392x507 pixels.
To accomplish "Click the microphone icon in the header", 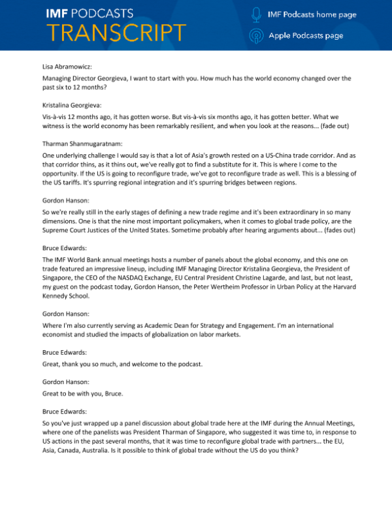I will coord(257,13).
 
